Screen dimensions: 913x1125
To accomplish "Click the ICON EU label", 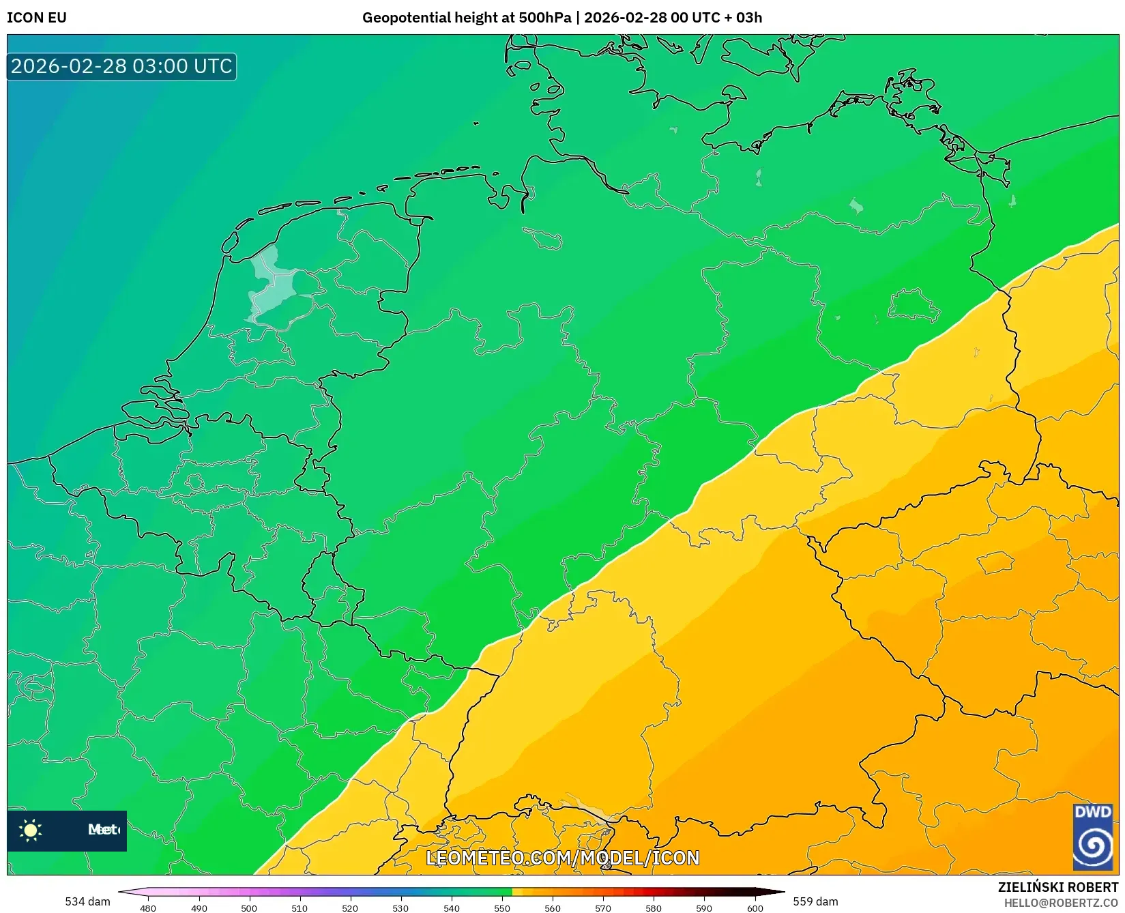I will coord(37,18).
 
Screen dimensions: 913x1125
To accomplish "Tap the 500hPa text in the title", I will coord(544,18).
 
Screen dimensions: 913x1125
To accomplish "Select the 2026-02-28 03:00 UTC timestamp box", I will coord(121,66).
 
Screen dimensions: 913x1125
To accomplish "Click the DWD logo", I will coord(1092,837).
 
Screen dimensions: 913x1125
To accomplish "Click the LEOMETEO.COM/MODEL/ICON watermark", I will coord(563,858).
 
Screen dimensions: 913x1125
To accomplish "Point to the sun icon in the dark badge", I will coord(31,830).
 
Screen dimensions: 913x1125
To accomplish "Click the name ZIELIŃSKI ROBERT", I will coord(1057,887).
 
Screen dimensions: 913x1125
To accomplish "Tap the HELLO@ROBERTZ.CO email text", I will coord(1060,903).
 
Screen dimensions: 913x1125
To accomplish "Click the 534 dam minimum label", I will coord(87,901).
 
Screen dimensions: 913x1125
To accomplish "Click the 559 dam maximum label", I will coord(815,901).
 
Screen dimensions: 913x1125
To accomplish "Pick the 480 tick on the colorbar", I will coord(148,908).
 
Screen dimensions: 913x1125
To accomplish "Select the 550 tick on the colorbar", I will coord(502,908).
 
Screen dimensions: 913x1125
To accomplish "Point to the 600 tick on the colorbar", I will coord(755,908).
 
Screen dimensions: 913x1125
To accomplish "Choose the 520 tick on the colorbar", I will coord(350,908).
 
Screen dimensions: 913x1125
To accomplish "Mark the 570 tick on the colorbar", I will coord(603,908).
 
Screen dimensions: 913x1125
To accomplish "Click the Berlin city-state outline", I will coord(914,305).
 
